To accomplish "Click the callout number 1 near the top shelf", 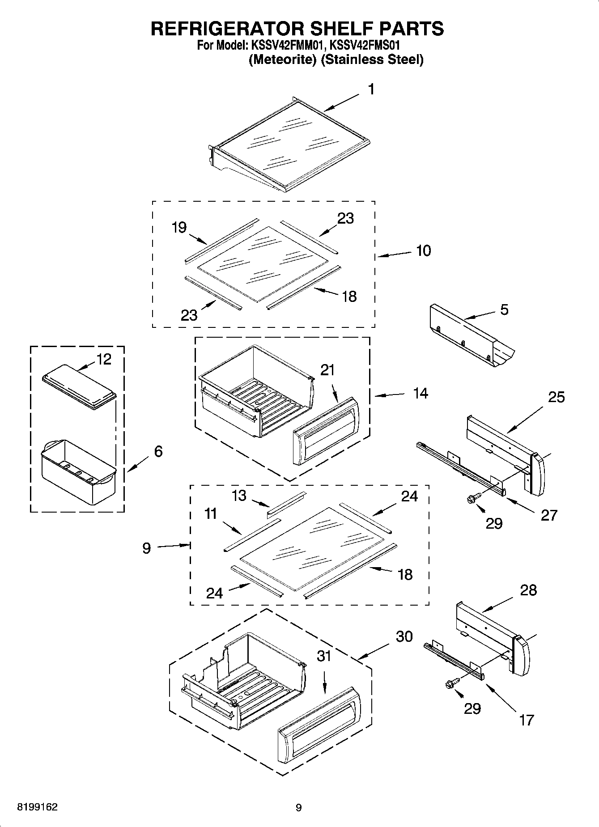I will click(x=371, y=89).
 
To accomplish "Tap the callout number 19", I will click(x=179, y=228).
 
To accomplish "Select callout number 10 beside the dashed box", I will click(x=423, y=251).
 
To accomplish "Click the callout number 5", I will click(x=504, y=310).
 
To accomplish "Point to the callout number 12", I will click(x=104, y=359).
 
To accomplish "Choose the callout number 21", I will click(x=327, y=370).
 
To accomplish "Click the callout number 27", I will click(x=549, y=515).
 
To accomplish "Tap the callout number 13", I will click(x=239, y=496).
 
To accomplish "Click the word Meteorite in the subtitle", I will click(x=283, y=59).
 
